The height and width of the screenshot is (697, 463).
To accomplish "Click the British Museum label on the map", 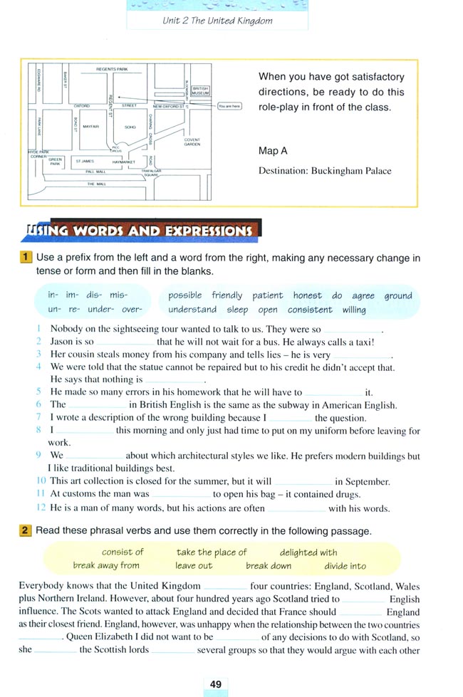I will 201,91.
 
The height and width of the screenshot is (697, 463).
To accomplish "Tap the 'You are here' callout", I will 229,106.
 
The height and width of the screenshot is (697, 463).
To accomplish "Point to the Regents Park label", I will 112,69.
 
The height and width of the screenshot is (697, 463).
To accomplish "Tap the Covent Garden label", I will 192,142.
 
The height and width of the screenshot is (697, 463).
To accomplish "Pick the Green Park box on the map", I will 56,162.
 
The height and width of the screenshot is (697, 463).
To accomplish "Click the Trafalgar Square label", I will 152,173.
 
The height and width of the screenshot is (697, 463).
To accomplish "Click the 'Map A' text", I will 273,151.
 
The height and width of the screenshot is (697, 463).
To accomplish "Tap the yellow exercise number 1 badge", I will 26,258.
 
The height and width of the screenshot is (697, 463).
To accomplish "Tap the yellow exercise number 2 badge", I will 26,530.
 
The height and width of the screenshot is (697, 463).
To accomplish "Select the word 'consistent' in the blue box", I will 310,310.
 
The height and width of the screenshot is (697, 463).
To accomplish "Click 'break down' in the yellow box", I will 269,566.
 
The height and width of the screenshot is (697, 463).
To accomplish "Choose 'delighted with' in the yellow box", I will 308,552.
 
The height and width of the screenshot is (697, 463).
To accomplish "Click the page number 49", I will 216,684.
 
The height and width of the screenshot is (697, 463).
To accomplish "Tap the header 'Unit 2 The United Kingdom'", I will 217,21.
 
